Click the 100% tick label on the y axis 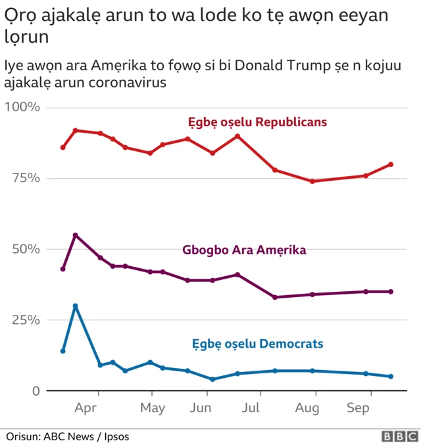(x=23, y=107)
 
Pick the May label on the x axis (x=153, y=408)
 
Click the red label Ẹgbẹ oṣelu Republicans (x=258, y=122)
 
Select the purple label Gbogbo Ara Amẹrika (x=244, y=250)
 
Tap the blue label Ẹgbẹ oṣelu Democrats (x=257, y=344)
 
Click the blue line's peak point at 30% (x=76, y=306)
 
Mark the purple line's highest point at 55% (x=76, y=235)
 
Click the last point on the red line (x=391, y=164)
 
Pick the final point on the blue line (x=391, y=377)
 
